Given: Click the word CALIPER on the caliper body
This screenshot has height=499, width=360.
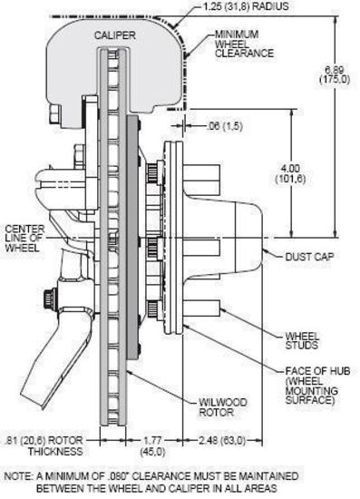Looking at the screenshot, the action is (115, 35).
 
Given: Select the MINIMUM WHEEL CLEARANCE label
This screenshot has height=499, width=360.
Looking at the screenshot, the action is (244, 44).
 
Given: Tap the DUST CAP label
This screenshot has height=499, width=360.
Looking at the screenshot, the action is (309, 257).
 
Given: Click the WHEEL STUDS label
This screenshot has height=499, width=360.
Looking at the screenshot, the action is (302, 340).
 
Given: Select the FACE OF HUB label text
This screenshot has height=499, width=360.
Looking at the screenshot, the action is (317, 371).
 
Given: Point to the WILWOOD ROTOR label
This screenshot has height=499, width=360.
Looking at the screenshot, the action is (222, 407).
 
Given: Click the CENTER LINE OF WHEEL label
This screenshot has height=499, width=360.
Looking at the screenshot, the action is (24, 238).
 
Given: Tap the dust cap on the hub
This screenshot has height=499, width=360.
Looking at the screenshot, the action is (248, 238).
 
